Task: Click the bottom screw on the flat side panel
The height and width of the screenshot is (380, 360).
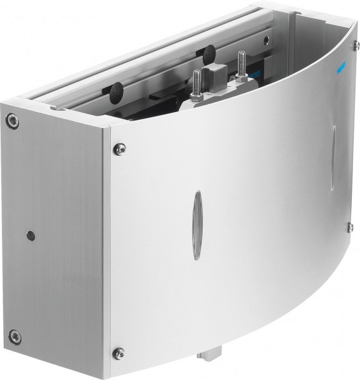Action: (15, 336)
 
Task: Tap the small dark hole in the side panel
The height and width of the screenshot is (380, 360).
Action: (30, 236)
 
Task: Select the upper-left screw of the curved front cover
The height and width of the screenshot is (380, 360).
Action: (119, 148)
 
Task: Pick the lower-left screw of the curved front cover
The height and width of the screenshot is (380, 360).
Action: (118, 352)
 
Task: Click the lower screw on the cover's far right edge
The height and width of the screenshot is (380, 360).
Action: (349, 227)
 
